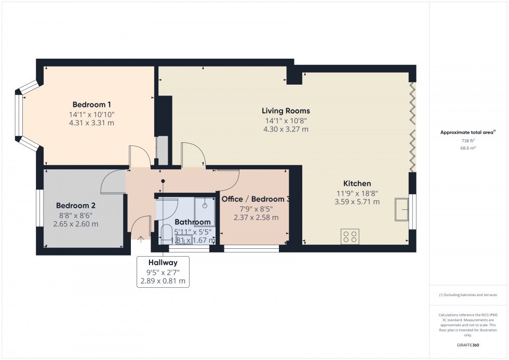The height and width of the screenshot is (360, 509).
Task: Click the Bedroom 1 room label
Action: click(92, 104)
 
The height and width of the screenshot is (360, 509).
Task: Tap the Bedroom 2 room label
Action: click(75, 205)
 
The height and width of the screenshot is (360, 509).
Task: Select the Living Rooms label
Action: click(286, 111)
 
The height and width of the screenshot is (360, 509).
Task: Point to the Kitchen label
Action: click(357, 183)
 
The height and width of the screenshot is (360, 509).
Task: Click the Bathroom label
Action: click(192, 222)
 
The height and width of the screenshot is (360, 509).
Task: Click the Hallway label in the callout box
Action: click(163, 262)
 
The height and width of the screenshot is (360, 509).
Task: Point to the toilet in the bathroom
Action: click(167, 232)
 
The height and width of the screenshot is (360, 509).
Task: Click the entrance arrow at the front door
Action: click(141, 239)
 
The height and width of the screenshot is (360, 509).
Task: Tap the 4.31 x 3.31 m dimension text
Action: click(92, 123)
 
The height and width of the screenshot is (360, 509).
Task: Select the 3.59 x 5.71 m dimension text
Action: click(357, 202)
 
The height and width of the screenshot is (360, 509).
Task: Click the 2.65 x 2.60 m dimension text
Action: click(75, 224)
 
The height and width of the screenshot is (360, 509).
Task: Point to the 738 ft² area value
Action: click(468, 141)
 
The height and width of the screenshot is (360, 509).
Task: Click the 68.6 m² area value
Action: click(468, 148)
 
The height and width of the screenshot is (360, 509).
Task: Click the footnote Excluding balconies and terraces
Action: click(468, 295)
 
